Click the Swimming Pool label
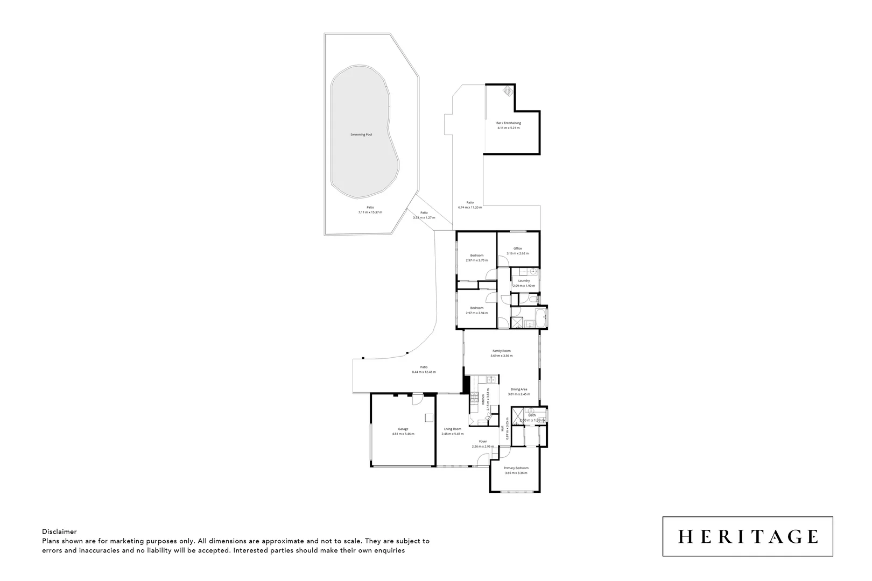(361, 134)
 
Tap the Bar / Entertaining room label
(508, 123)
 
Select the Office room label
(517, 249)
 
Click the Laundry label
(524, 281)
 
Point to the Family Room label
(501, 351)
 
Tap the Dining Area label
(519, 389)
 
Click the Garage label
(403, 429)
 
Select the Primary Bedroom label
(516, 468)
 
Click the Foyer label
(483, 441)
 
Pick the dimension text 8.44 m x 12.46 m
(424, 372)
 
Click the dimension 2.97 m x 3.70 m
(476, 260)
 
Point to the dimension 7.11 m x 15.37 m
(370, 212)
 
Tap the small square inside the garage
(428, 417)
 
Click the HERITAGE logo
(748, 536)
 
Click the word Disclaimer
(59, 532)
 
